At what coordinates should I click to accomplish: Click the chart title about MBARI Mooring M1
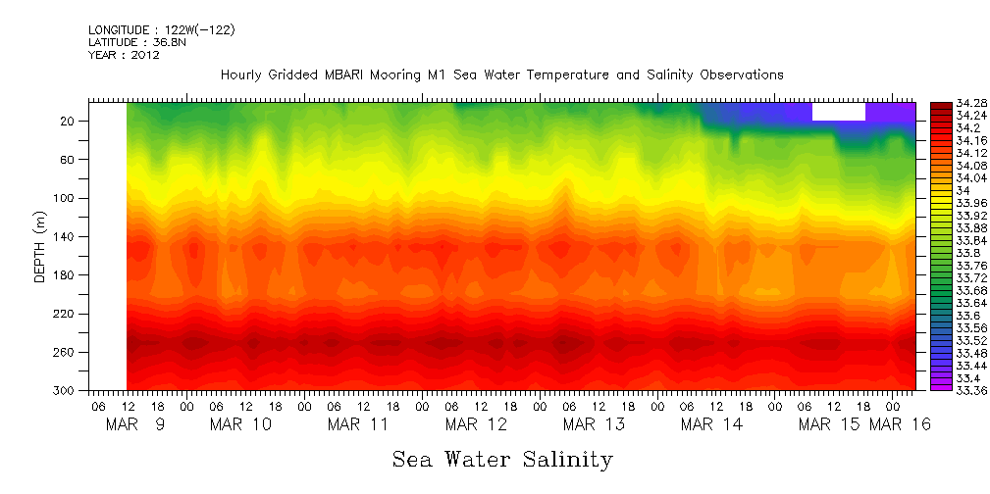click(x=501, y=75)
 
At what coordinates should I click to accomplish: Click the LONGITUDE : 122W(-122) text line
click(x=161, y=30)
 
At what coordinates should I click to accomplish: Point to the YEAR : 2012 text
click(x=124, y=56)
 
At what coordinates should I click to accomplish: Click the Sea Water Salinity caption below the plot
click(x=502, y=459)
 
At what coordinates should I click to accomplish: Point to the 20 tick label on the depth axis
click(x=68, y=122)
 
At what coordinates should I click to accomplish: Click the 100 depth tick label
click(x=65, y=198)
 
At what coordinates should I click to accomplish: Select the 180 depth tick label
click(x=65, y=275)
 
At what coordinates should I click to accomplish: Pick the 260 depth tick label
click(x=65, y=352)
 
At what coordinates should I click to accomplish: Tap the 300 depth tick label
click(x=65, y=390)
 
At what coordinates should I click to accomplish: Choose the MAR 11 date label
click(x=358, y=424)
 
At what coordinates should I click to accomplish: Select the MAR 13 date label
click(x=594, y=424)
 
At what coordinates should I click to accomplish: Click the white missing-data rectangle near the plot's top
click(x=838, y=111)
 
